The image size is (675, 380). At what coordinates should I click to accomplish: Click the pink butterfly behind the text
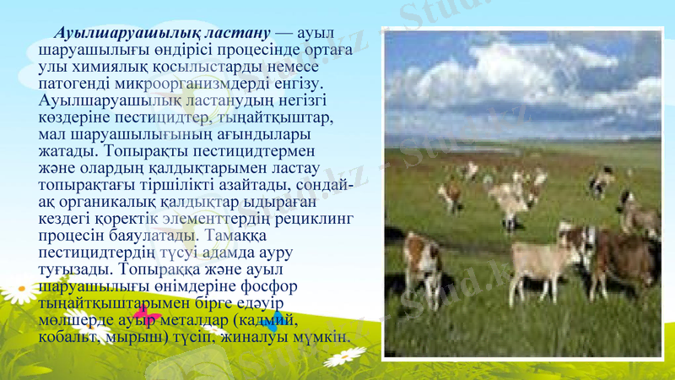tap(148, 318)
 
